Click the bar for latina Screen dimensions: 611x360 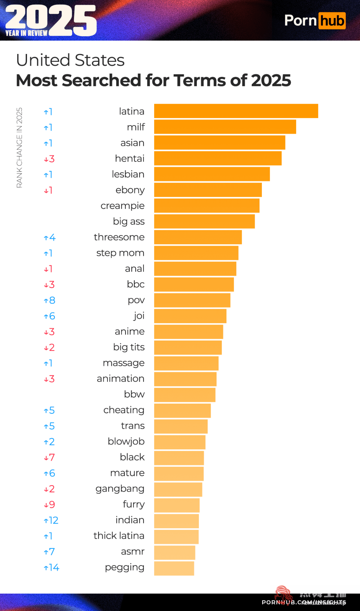pyautogui.click(x=236, y=111)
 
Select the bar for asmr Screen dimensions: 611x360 pyautogui.click(x=175, y=552)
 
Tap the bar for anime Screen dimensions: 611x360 pyautogui.click(x=188, y=332)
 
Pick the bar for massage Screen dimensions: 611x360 pyautogui.click(x=186, y=363)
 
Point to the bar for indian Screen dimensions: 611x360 pyautogui.click(x=176, y=521)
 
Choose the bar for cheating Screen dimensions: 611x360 pyautogui.click(x=182, y=410)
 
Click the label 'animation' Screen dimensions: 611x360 pyautogui.click(x=120, y=379)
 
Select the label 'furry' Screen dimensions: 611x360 pyautogui.click(x=133, y=504)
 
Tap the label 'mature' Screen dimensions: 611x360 pyautogui.click(x=127, y=473)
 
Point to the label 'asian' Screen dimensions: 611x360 pyautogui.click(x=132, y=143)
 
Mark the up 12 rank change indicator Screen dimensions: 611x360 pyautogui.click(x=51, y=520)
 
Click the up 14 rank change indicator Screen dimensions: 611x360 pyautogui.click(x=51, y=568)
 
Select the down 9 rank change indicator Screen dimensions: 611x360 pyautogui.click(x=49, y=505)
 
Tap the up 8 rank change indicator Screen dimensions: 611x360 pyautogui.click(x=49, y=300)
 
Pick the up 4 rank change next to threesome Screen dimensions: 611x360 pyautogui.click(x=49, y=238)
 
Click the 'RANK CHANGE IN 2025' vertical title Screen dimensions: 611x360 pyautogui.click(x=19, y=148)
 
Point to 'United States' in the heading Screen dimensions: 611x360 pyautogui.click(x=70, y=60)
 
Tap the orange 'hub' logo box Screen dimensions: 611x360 pyautogui.click(x=332, y=21)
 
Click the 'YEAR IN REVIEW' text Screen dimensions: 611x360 pyautogui.click(x=26, y=33)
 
